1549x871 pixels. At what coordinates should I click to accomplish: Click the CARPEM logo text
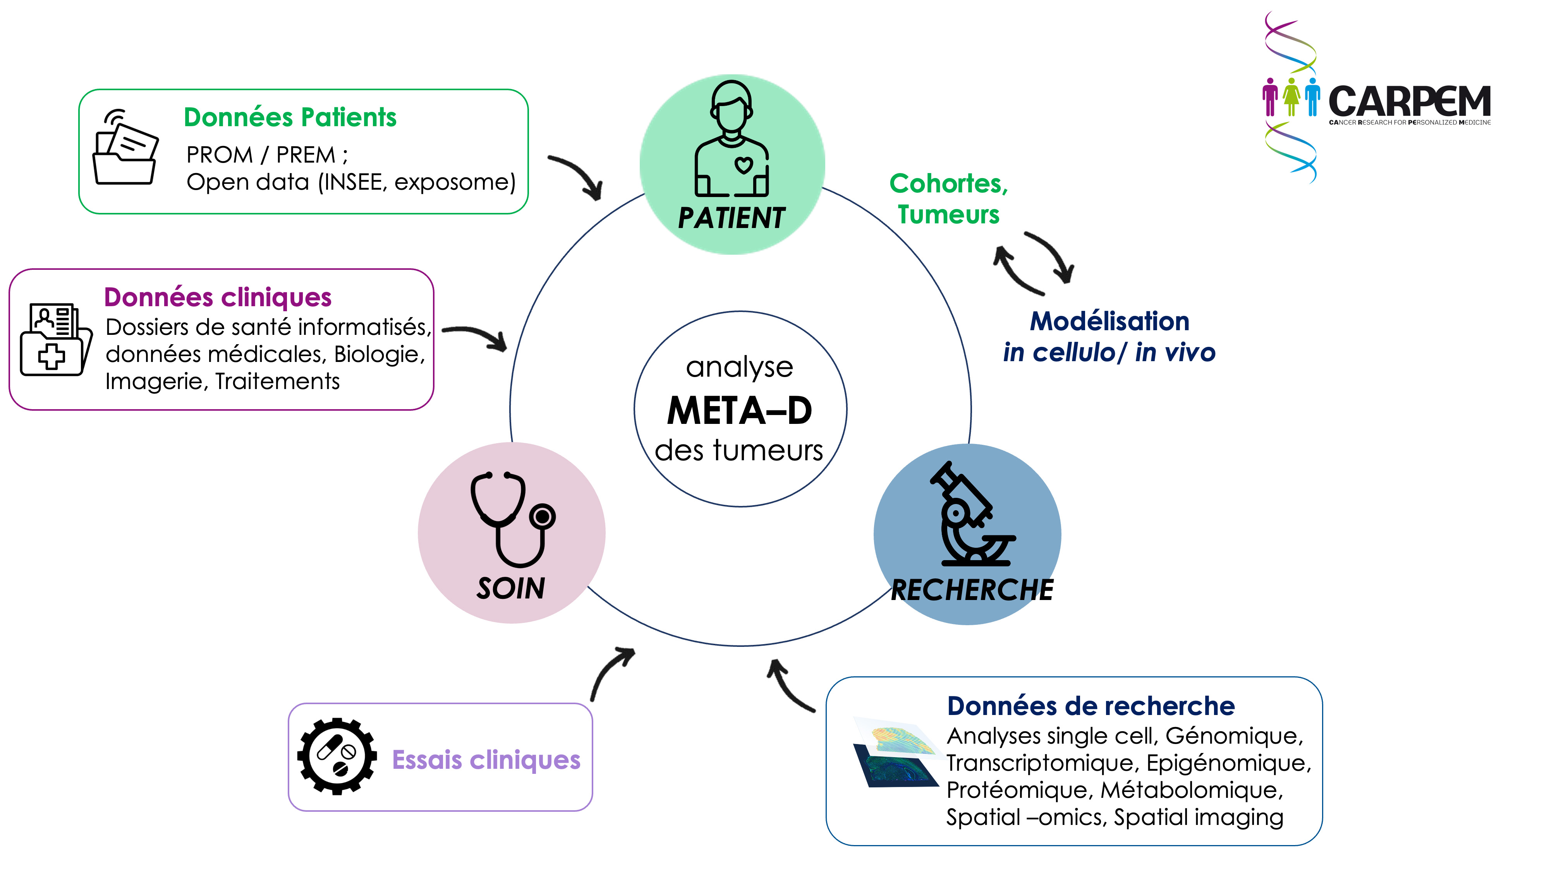click(1408, 102)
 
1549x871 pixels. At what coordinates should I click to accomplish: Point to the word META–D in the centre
click(740, 411)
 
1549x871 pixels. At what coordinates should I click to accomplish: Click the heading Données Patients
click(290, 117)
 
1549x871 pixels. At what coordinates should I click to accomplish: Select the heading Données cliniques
click(218, 298)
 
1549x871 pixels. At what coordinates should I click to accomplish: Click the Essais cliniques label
click(486, 760)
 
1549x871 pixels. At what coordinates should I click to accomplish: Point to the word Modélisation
click(1109, 322)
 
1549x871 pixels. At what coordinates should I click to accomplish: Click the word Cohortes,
click(948, 184)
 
